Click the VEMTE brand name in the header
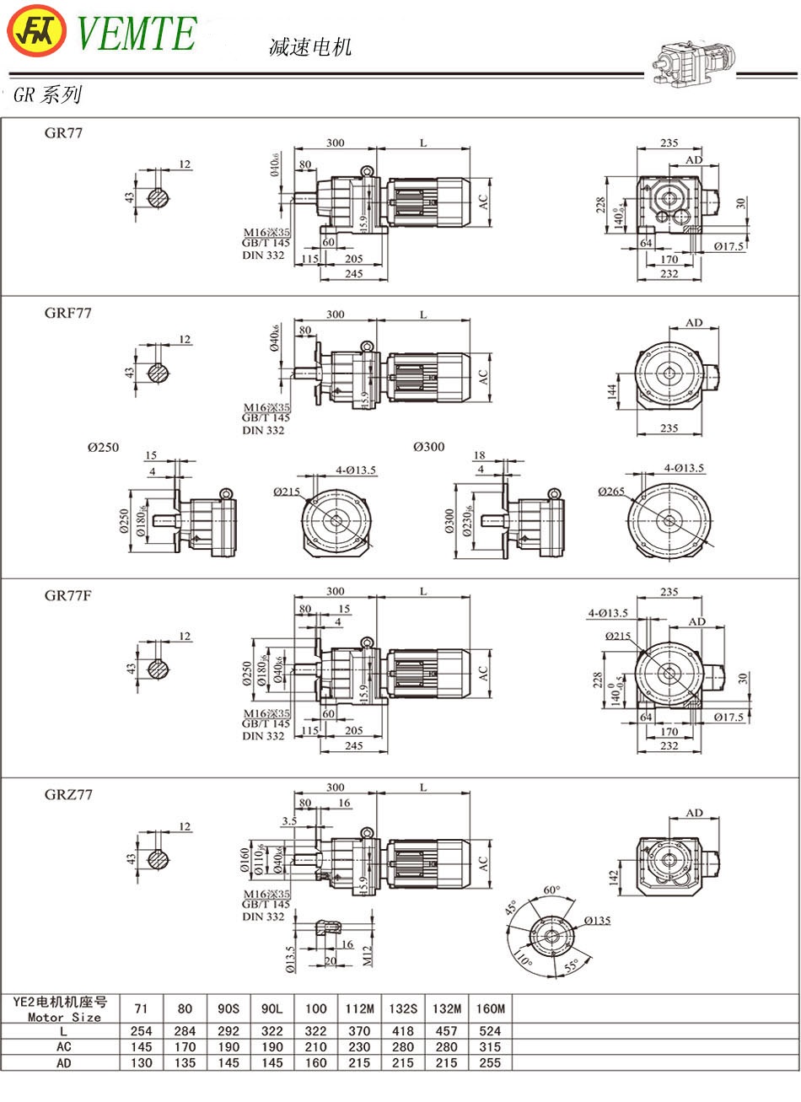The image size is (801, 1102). tap(137, 34)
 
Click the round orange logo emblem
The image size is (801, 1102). tap(36, 33)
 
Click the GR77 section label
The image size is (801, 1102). tap(64, 132)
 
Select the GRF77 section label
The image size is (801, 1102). tap(68, 313)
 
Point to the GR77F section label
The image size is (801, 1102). tap(68, 595)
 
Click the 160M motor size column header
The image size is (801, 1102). tap(490, 1008)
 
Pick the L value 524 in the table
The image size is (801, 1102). tap(490, 1030)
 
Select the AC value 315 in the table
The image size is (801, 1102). tap(490, 1046)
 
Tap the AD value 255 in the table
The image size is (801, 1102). tap(490, 1062)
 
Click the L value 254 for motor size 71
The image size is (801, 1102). tap(142, 1030)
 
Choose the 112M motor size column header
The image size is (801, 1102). tap(359, 1008)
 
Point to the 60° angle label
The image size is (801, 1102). tap(551, 890)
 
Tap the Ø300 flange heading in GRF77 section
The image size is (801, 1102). tap(428, 447)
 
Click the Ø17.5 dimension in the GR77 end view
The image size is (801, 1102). tap(728, 247)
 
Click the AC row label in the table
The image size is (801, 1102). tap(64, 1046)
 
